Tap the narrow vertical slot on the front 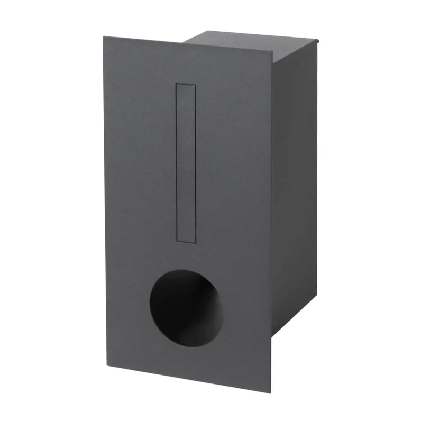[186, 163]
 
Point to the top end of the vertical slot [186, 85]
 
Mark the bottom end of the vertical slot [186, 241]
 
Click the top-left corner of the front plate [104, 37]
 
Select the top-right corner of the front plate [272, 51]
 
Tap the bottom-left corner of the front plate [107, 365]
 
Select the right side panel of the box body [294, 185]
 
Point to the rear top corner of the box [317, 39]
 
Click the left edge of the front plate [105, 201]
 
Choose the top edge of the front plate [188, 44]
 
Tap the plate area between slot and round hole [186, 257]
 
